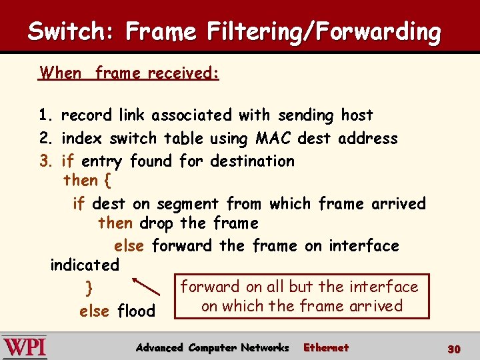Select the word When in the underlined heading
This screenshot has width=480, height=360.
click(61, 73)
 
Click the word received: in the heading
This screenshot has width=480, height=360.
click(183, 73)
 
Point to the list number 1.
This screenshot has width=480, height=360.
click(45, 115)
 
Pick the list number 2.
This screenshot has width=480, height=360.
click(45, 139)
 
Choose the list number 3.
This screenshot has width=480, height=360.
click(45, 161)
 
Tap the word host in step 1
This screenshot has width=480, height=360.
click(357, 115)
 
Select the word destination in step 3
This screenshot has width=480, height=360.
click(252, 161)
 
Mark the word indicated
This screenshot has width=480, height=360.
click(85, 265)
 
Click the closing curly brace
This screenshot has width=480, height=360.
click(89, 289)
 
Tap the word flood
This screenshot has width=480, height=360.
click(136, 311)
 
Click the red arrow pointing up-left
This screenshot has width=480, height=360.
click(147, 286)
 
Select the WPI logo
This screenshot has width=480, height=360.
click(25, 347)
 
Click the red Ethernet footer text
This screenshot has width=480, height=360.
click(326, 347)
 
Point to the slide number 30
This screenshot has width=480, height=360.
click(454, 349)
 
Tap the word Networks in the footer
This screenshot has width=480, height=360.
click(265, 347)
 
